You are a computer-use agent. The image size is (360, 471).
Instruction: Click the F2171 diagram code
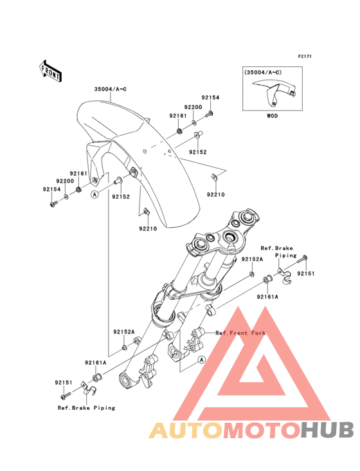[x=305, y=56]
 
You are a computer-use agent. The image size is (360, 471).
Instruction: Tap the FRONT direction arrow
[x=50, y=71]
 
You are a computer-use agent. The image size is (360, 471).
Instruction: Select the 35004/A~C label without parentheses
[x=111, y=89]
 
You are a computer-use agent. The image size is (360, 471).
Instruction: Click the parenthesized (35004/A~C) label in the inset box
[x=263, y=73]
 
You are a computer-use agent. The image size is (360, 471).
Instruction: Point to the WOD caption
[x=272, y=116]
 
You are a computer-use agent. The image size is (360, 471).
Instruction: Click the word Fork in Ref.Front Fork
[x=258, y=333]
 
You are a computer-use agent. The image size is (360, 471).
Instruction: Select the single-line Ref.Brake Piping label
[x=86, y=408]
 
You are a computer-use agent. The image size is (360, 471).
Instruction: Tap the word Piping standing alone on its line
[x=286, y=255]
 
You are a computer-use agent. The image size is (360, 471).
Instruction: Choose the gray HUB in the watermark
[x=328, y=430]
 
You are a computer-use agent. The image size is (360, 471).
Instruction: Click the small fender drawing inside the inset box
[x=274, y=93]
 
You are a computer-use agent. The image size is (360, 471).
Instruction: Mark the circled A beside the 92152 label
[x=94, y=195]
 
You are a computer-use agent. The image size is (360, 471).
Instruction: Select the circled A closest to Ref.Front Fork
[x=202, y=359]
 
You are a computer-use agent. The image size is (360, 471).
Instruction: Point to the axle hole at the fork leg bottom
[x=125, y=380]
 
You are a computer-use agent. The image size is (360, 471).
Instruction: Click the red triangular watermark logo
[x=252, y=363]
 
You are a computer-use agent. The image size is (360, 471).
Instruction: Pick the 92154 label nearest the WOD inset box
[x=210, y=98]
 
